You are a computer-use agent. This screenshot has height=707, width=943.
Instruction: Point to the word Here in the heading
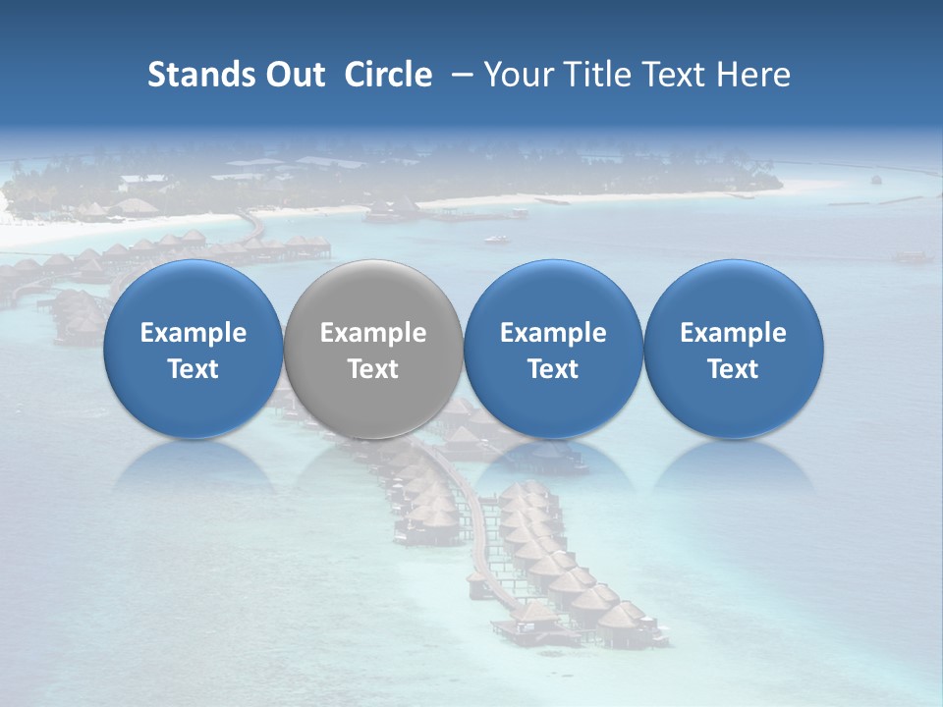[754, 75]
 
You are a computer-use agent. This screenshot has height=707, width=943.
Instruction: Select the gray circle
[373, 350]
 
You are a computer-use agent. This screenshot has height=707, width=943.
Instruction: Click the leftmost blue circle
[194, 350]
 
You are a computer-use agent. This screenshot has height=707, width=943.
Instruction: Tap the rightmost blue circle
[734, 350]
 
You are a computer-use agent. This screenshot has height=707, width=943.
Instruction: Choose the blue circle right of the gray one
[553, 350]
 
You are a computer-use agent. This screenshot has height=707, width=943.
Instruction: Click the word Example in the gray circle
[373, 333]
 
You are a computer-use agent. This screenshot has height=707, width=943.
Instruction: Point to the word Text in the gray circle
[373, 369]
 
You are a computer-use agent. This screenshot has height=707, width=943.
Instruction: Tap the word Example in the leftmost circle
[194, 333]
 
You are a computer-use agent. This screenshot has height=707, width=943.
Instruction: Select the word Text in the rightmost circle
[734, 369]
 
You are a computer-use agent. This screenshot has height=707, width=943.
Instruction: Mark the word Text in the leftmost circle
[194, 369]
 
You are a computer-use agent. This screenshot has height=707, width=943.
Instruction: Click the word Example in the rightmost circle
[734, 333]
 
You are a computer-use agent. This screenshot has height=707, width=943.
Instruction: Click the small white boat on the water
[497, 239]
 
